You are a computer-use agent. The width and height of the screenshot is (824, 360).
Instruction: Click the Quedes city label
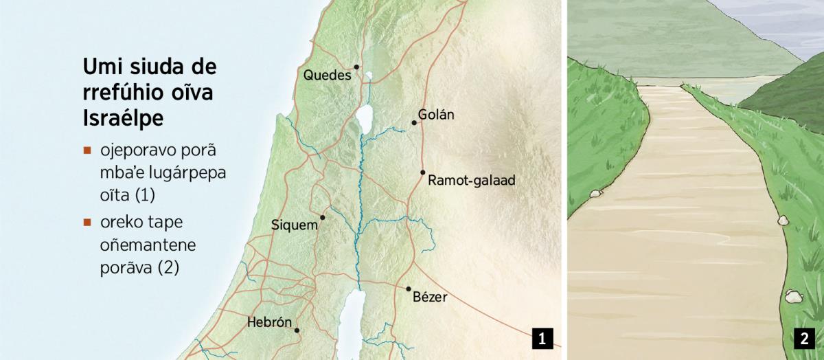[327, 75]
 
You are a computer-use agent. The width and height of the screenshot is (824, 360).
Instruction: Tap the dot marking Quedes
[356, 67]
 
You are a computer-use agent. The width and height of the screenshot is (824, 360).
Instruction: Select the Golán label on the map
[436, 115]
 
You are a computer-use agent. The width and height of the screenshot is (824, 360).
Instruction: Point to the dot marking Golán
[414, 123]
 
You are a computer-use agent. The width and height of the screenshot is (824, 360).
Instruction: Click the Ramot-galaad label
[470, 181]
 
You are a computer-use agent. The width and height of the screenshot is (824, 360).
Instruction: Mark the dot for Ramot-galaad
[422, 172]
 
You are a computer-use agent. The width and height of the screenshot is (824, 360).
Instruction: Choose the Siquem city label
[295, 225]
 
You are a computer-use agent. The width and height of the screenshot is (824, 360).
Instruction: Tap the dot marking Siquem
[322, 217]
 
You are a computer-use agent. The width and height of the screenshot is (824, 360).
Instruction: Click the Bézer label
[430, 297]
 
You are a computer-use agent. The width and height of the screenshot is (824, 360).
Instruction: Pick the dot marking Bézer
[408, 289]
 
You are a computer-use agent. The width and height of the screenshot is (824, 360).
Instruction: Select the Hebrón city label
[269, 322]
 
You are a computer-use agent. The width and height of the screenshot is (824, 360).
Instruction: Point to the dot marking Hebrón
[297, 330]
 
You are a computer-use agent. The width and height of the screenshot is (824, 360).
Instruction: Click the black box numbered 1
[542, 338]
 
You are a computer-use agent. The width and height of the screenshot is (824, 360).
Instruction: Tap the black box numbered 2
[803, 338]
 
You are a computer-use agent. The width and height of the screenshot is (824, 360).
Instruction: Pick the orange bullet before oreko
[87, 223]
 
